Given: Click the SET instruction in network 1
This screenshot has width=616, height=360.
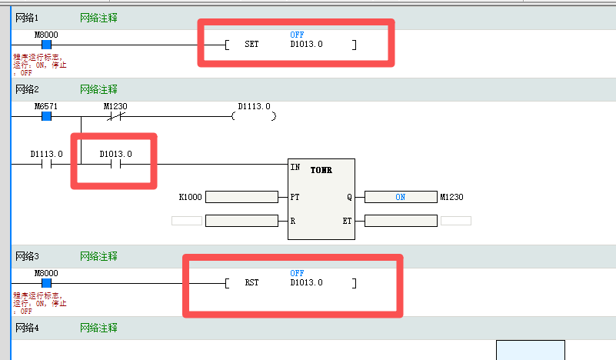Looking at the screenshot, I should (251, 45).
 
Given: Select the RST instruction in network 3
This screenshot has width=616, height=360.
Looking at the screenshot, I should (251, 282).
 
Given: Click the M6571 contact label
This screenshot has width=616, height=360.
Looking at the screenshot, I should (46, 105).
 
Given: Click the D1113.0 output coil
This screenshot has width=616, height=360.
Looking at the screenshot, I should (254, 116).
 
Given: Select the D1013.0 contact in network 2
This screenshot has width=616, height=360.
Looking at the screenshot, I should (115, 164).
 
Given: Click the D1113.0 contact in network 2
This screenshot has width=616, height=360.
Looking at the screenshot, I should (46, 164).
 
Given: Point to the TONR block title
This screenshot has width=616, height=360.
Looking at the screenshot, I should (321, 170).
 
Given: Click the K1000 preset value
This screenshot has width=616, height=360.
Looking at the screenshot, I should (191, 197).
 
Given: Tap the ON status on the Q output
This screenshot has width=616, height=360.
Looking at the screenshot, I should (400, 197).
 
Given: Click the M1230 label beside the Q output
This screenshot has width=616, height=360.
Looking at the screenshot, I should (451, 197).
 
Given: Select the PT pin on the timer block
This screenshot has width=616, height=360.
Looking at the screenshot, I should (295, 197).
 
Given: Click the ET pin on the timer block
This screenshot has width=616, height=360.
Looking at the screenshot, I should (347, 221).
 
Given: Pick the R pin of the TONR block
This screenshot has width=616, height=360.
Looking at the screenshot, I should (293, 221).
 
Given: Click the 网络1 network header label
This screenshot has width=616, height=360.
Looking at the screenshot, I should (28, 17).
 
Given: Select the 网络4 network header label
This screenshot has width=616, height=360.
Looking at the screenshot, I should (28, 328).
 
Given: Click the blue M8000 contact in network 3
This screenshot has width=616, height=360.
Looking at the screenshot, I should (46, 283).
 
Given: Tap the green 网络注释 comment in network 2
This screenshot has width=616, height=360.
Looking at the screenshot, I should (98, 89).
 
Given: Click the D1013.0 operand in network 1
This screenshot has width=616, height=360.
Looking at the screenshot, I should (306, 45).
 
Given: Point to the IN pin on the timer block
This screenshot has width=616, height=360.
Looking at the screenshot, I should (295, 167).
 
